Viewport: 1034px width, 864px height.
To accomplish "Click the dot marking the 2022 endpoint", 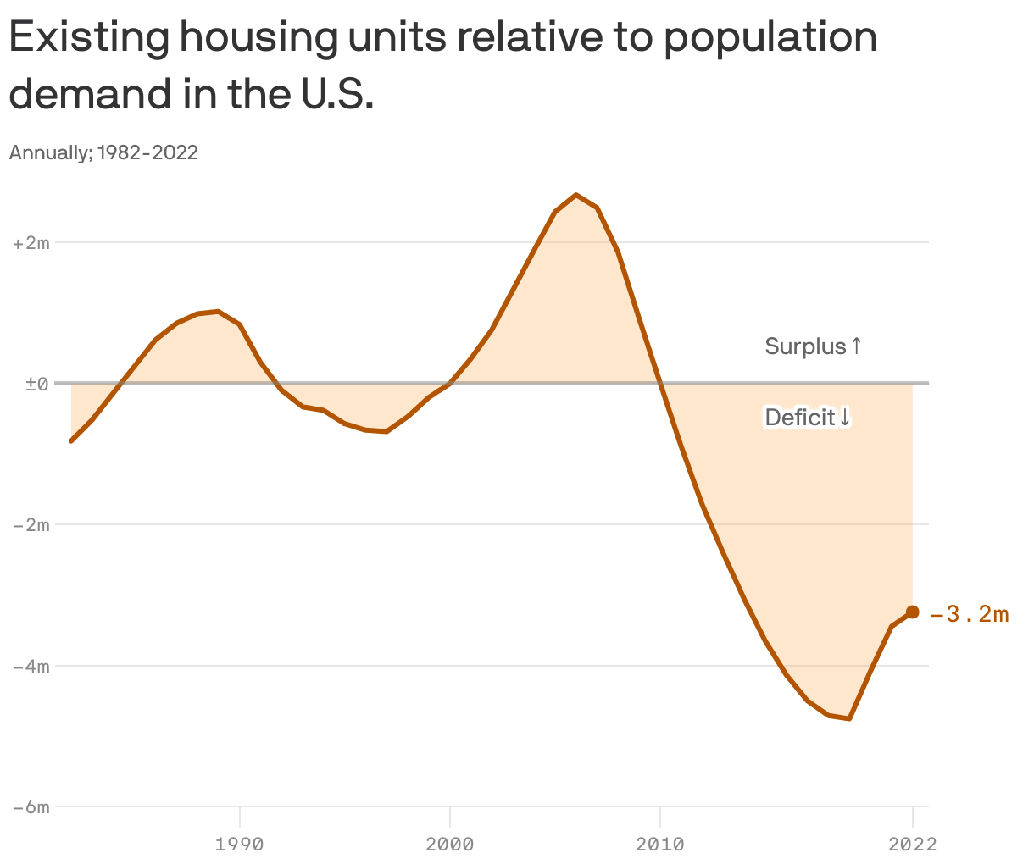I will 913,612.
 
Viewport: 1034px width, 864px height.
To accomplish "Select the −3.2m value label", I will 970,614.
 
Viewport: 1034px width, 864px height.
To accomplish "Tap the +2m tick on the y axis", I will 31,243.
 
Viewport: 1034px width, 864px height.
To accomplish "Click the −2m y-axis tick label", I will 31,524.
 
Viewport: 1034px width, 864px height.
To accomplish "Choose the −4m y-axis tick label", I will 31,666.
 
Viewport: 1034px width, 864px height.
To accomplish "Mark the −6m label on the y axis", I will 31,806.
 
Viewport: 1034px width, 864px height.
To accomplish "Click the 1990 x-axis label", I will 240,844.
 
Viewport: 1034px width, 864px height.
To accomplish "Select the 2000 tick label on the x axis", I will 449,844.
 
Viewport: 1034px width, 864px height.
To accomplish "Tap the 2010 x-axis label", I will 659,844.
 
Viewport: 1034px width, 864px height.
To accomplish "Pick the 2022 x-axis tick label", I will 912,844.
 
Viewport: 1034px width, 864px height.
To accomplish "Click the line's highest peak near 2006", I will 576,195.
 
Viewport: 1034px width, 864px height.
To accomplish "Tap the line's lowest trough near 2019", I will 849,718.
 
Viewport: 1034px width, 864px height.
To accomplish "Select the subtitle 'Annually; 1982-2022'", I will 103,152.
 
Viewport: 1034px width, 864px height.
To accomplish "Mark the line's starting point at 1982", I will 71,441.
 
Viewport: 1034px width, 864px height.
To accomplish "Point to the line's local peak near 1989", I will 219,312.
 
